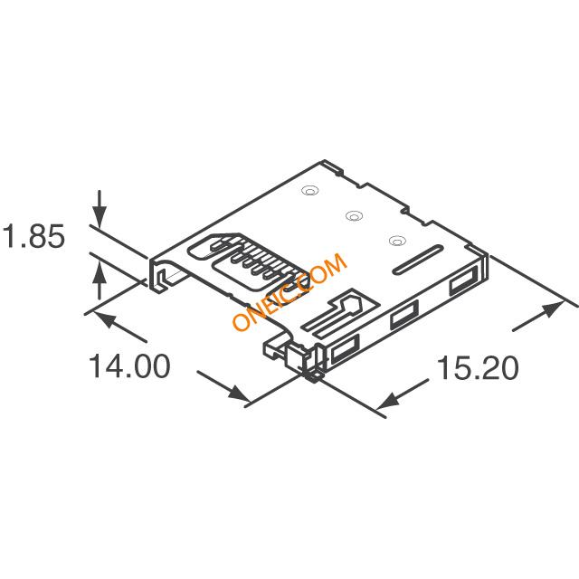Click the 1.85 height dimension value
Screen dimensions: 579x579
34,236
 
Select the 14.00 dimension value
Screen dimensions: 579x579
129,365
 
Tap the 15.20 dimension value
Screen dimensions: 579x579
478,368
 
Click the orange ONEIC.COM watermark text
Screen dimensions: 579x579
289,291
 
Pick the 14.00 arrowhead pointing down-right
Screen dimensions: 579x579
238,394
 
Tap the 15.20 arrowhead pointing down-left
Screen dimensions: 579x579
388,400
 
